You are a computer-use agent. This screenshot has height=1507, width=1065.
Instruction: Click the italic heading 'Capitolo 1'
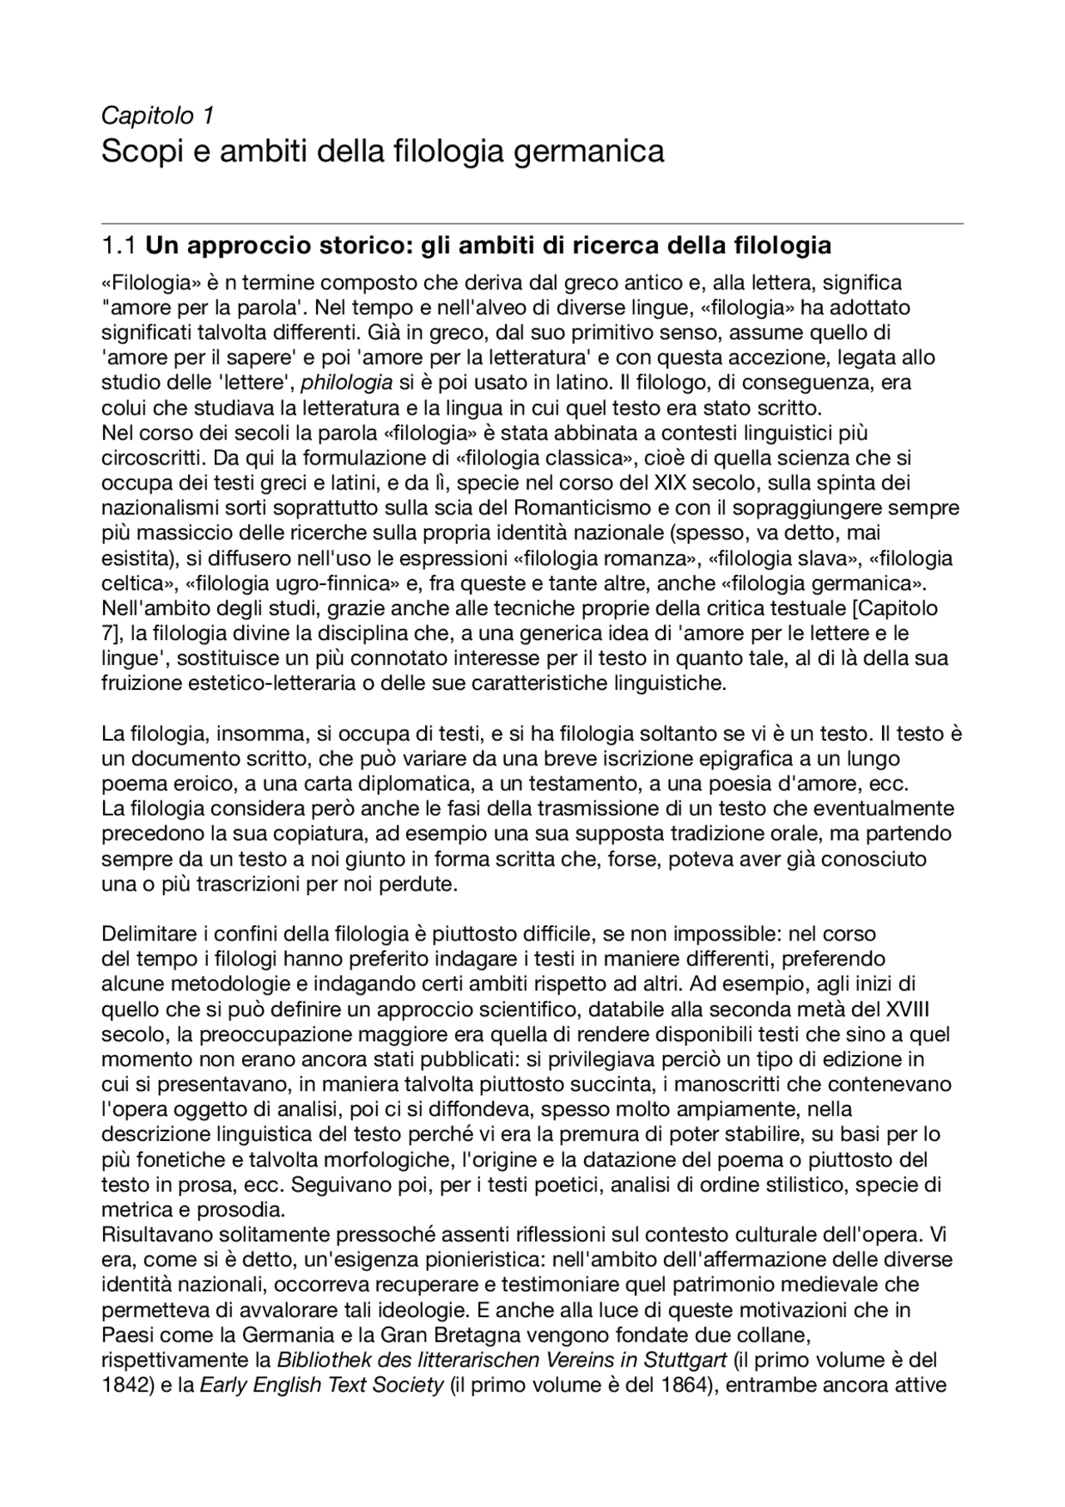tap(157, 115)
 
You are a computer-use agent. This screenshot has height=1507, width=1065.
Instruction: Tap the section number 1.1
tap(117, 246)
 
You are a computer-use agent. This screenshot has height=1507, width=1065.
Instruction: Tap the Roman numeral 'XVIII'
tap(907, 1009)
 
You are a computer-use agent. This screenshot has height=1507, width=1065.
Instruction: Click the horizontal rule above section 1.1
tap(532, 223)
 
